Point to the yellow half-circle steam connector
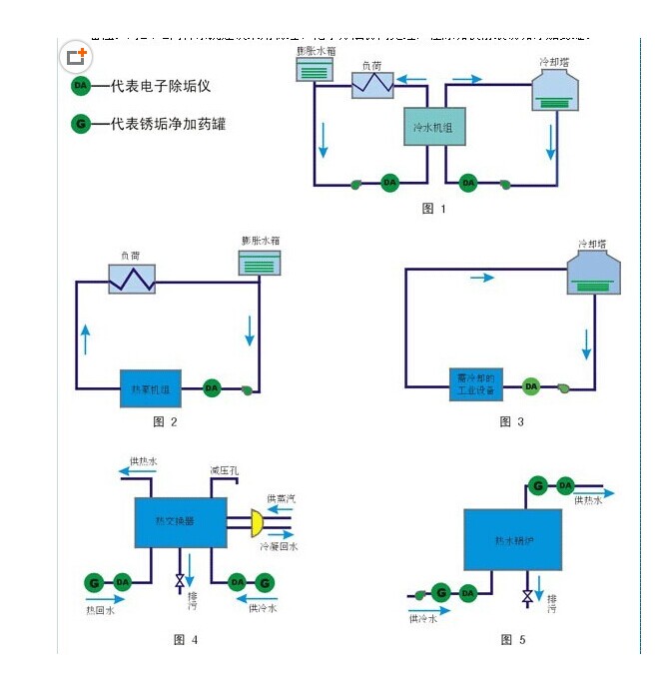click(x=257, y=521)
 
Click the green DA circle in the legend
click(x=81, y=86)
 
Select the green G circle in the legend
click(x=81, y=125)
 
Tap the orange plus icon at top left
click(x=77, y=56)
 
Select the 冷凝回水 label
click(x=280, y=546)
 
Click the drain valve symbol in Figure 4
click(x=180, y=580)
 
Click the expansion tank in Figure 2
click(x=260, y=263)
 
